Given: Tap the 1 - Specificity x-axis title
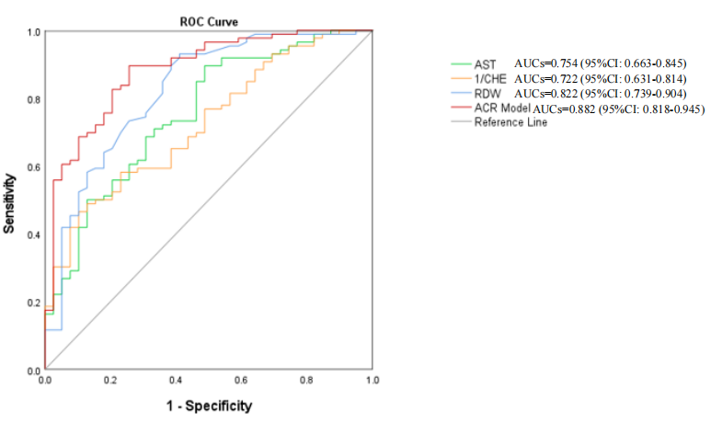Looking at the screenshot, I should point(208,406).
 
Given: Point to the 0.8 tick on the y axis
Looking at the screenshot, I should point(32,99).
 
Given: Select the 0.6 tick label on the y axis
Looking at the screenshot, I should point(32,167).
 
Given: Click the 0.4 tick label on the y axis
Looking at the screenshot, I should point(32,235).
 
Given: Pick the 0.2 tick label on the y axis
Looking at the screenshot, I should point(32,303).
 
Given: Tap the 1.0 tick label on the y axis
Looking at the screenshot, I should point(32,32).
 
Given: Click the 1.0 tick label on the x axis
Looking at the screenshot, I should point(372,380).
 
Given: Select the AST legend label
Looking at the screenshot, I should point(485,64).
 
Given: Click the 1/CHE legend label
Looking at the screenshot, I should point(490,79).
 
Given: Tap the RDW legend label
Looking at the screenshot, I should point(487,94).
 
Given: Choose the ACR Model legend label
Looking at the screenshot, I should point(502,109).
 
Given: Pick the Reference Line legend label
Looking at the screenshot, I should point(510,122).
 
